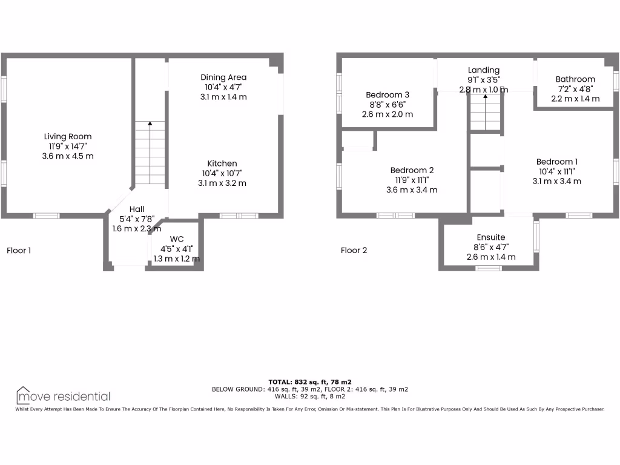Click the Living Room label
tap(68, 137)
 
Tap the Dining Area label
tap(223, 77)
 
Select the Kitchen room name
tap(222, 163)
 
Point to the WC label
tap(176, 239)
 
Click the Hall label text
tap(137, 209)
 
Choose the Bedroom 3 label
tap(387, 95)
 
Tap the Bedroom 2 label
tap(412, 171)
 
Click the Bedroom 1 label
tap(557, 162)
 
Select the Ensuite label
tap(490, 237)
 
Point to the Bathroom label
tap(575, 79)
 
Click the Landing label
tap(484, 70)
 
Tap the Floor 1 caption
tap(19, 250)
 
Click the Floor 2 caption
tap(354, 250)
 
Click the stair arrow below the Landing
tap(486, 97)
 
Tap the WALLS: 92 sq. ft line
tap(309, 397)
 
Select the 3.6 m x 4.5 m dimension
tap(68, 156)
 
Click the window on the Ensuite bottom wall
tap(489, 268)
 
